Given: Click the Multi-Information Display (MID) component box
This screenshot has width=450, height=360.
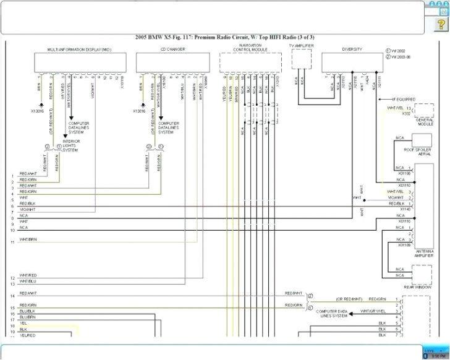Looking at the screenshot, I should (x=80, y=62).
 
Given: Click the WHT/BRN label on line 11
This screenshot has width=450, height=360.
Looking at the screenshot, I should (x=28, y=239).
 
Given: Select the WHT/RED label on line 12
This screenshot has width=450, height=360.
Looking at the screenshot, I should (x=28, y=275).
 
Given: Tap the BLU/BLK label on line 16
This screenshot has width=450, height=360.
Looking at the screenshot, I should (x=27, y=311).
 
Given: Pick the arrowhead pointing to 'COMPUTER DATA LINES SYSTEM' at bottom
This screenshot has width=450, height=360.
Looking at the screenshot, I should (x=351, y=313).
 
